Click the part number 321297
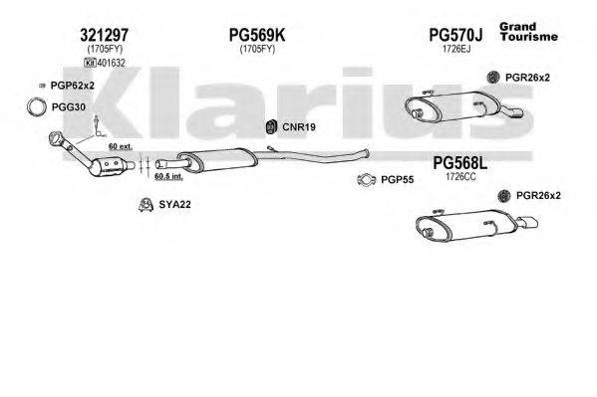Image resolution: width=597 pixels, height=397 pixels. tap(104, 35)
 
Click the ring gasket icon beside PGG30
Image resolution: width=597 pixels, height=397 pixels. tap(35, 106)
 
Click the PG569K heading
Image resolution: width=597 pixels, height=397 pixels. tap(257, 35)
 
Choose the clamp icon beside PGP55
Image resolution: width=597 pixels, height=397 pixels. tap(365, 180)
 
